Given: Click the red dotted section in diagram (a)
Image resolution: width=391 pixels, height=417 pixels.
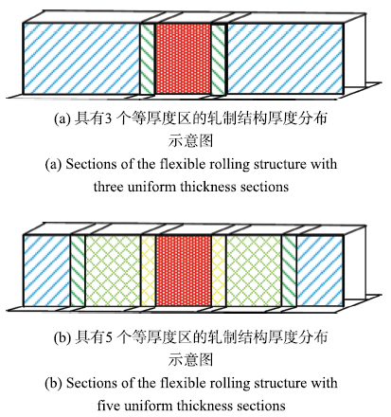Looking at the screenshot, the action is click(183, 59).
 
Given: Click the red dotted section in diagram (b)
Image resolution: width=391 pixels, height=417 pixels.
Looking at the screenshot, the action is click(183, 271).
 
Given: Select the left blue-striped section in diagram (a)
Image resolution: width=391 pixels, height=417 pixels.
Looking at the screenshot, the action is click(81, 59).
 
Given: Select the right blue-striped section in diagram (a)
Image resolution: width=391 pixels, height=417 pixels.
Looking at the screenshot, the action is click(285, 59).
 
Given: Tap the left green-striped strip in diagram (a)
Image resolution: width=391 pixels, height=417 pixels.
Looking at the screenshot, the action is click(148, 59).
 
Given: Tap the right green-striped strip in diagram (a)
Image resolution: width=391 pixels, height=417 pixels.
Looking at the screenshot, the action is click(219, 59).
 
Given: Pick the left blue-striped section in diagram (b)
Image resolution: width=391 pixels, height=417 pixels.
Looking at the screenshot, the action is click(46, 271).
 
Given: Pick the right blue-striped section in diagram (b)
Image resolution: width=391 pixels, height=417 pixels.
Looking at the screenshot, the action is click(320, 271).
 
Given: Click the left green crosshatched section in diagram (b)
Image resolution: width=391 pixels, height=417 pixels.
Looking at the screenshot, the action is click(113, 271).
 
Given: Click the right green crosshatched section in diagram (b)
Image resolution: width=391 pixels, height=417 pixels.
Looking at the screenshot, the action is click(254, 271).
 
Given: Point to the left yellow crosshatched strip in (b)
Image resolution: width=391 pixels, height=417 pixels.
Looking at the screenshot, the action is click(148, 271).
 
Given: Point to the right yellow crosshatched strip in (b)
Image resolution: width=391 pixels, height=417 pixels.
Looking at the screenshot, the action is click(219, 271).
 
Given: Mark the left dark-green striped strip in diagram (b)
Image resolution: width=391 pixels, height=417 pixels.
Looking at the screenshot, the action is click(78, 271).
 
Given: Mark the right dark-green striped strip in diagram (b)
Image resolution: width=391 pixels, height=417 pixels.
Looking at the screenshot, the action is click(289, 271).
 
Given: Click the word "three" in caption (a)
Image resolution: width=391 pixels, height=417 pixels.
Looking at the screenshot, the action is click(108, 187).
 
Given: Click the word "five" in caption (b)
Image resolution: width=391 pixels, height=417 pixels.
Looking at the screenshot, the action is click(109, 405).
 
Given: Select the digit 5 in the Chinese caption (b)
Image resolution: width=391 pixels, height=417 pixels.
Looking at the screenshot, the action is click(108, 337).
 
